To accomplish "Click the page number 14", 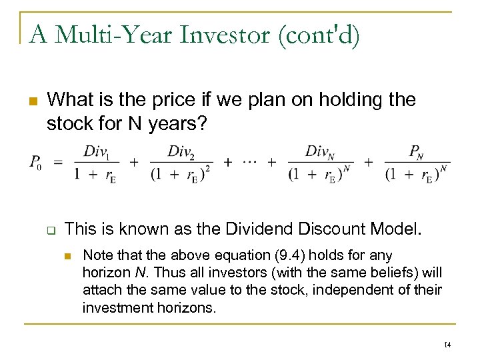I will coord(447,344).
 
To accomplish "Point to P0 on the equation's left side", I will coord(35,163).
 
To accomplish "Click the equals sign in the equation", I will coord(59,162).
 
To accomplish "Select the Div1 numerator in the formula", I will coord(97,151).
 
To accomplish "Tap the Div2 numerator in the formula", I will coord(181,151).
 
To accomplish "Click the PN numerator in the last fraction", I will coord(417,151).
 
